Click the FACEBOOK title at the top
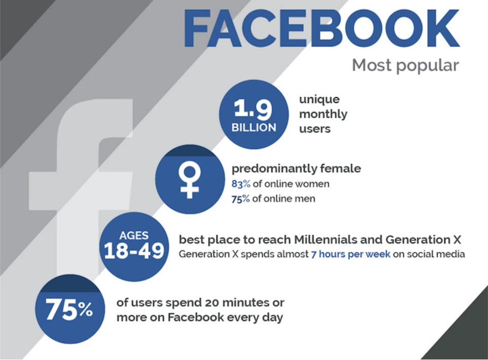coord(322,28)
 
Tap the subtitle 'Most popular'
coord(405,65)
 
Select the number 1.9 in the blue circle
coord(253,109)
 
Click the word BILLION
coord(254,127)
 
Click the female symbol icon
coord(189,181)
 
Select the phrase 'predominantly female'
coord(296,169)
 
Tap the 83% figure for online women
coord(241,184)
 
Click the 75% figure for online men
coord(240,199)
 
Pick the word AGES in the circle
coord(134,236)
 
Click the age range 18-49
coord(134,250)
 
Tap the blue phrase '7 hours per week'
coord(351,254)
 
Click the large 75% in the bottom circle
coord(69,309)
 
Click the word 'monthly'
coord(323,115)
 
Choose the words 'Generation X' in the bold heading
coord(423,240)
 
